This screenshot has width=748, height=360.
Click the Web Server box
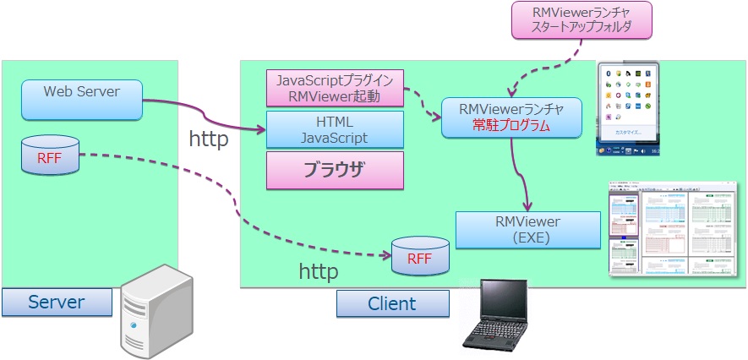pyautogui.click(x=81, y=100)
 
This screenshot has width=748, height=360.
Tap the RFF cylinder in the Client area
pyautogui.click(x=419, y=257)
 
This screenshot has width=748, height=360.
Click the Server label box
pyautogui.click(x=57, y=302)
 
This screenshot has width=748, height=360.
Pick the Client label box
pyautogui.click(x=392, y=303)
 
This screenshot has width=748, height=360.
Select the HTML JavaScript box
pyautogui.click(x=335, y=130)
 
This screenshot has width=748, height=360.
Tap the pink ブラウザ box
pyautogui.click(x=335, y=170)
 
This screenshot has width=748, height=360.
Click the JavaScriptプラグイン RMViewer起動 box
pyautogui.click(x=334, y=88)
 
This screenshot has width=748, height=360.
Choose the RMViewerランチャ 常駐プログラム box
pyautogui.click(x=511, y=117)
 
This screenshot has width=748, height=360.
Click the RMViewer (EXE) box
pyautogui.click(x=528, y=230)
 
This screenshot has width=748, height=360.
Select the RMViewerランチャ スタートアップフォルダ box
pyautogui.click(x=583, y=20)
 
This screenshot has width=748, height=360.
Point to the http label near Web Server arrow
pyautogui.click(x=208, y=139)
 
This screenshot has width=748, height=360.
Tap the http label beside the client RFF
pyautogui.click(x=319, y=271)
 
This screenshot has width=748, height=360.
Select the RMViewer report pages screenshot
pyautogui.click(x=676, y=228)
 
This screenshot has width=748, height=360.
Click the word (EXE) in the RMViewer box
pyautogui.click(x=528, y=238)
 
